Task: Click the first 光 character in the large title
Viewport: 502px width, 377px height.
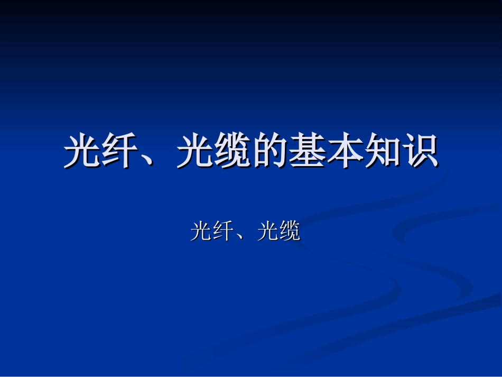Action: click(x=82, y=152)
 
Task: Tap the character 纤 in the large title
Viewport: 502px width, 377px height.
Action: click(x=119, y=152)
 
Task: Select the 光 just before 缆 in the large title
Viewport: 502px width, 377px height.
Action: click(x=194, y=152)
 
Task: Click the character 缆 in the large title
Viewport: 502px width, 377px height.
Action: click(x=232, y=152)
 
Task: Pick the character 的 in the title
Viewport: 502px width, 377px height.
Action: click(x=269, y=152)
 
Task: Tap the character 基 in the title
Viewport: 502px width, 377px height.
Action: click(x=307, y=152)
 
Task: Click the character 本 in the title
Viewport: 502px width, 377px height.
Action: click(x=345, y=152)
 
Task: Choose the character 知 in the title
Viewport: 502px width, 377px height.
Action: click(x=382, y=152)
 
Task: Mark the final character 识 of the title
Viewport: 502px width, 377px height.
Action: click(x=420, y=152)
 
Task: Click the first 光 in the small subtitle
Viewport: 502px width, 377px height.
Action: click(x=201, y=231)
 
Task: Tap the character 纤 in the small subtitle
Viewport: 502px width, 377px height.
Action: click(x=223, y=231)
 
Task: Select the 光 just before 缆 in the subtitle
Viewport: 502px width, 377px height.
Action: click(x=267, y=231)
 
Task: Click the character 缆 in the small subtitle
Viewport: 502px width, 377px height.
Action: click(x=290, y=231)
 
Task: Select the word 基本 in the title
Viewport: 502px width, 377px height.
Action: click(x=326, y=152)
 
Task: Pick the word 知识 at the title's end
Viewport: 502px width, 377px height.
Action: click(x=401, y=152)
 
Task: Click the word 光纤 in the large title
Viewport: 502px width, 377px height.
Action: click(x=100, y=152)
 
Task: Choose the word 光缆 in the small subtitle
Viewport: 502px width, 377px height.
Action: click(x=278, y=231)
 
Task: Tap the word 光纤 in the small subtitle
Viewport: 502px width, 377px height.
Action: click(x=212, y=231)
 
